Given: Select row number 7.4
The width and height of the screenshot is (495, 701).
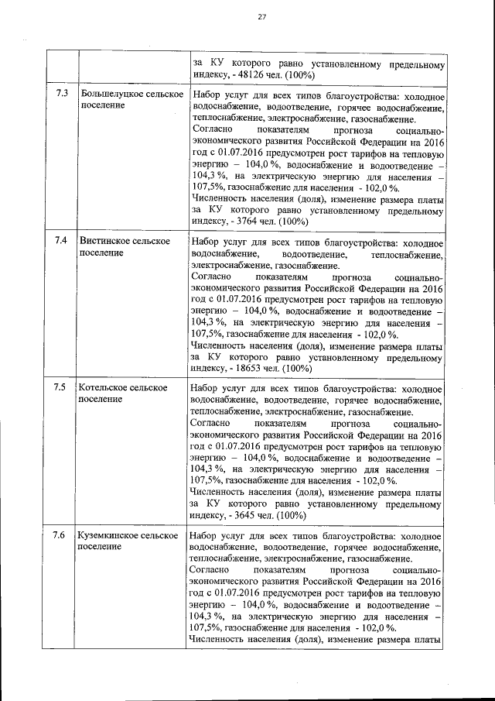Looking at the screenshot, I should click(62, 241).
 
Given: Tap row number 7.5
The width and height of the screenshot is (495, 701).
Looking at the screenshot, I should click(62, 387).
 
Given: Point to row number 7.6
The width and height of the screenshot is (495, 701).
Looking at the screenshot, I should click(62, 534).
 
